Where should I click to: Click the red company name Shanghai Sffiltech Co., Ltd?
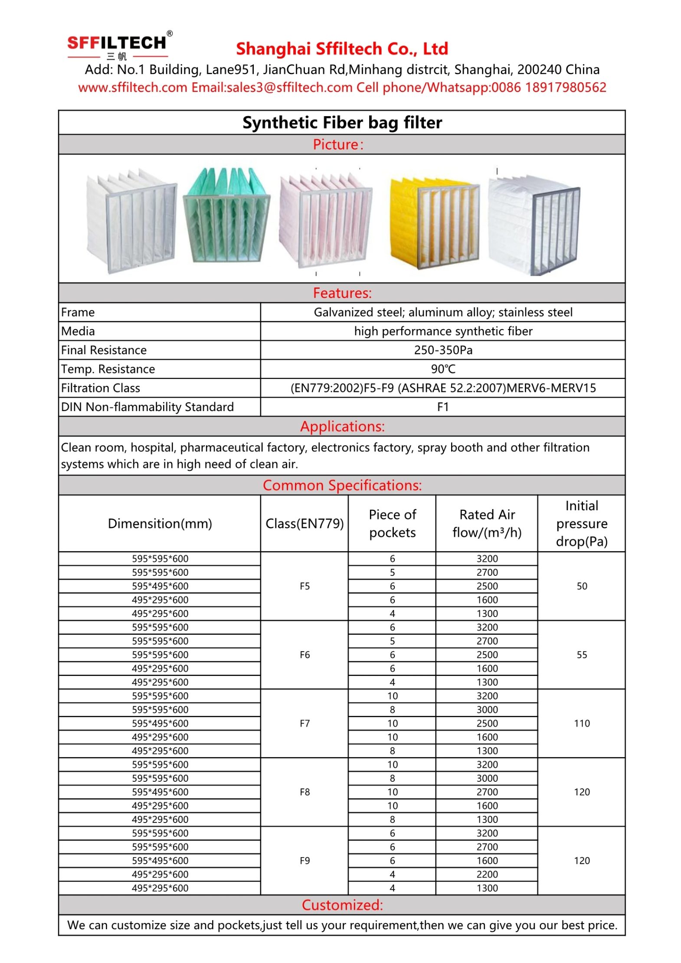click(x=341, y=49)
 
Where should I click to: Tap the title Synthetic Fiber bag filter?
click(x=341, y=123)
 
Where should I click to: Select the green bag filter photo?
click(x=226, y=215)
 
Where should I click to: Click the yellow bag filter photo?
click(x=434, y=222)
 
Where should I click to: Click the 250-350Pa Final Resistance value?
click(x=442, y=350)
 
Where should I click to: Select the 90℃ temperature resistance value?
click(x=442, y=369)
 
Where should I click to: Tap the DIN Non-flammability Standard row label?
click(x=147, y=407)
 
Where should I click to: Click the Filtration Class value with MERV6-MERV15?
click(x=442, y=388)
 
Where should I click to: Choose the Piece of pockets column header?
click(x=392, y=523)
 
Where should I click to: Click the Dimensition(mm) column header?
click(x=160, y=523)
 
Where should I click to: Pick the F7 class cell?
click(x=304, y=723)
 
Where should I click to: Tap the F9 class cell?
click(x=304, y=860)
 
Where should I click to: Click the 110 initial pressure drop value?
click(x=581, y=723)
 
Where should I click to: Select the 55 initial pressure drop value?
click(x=581, y=655)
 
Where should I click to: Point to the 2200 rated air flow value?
click(x=487, y=874)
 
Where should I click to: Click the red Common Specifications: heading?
click(x=341, y=485)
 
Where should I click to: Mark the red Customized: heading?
click(x=341, y=905)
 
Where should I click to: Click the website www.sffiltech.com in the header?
click(x=132, y=88)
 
